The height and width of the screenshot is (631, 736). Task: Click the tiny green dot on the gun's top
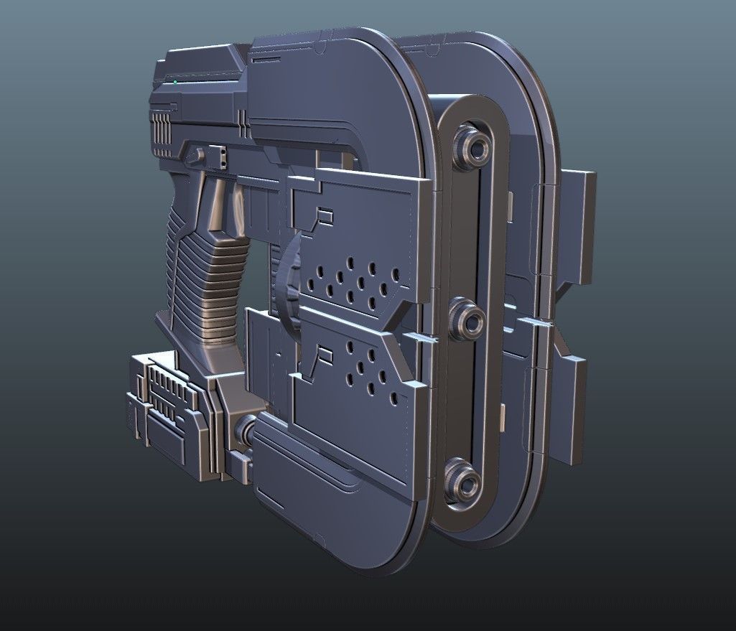coord(174,83)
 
